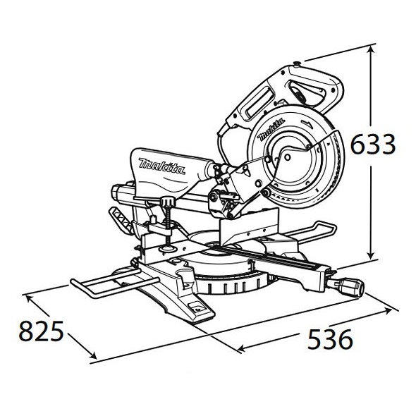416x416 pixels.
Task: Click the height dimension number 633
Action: click(373, 144)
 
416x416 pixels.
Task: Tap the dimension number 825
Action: click(41, 331)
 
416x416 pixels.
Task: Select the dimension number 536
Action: click(330, 339)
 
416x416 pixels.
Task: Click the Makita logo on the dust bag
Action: click(161, 166)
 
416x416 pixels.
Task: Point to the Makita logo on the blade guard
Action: click(271, 129)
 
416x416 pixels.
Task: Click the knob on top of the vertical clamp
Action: click(168, 202)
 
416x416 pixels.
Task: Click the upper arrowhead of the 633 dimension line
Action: click(372, 49)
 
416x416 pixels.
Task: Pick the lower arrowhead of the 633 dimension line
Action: click(372, 255)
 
